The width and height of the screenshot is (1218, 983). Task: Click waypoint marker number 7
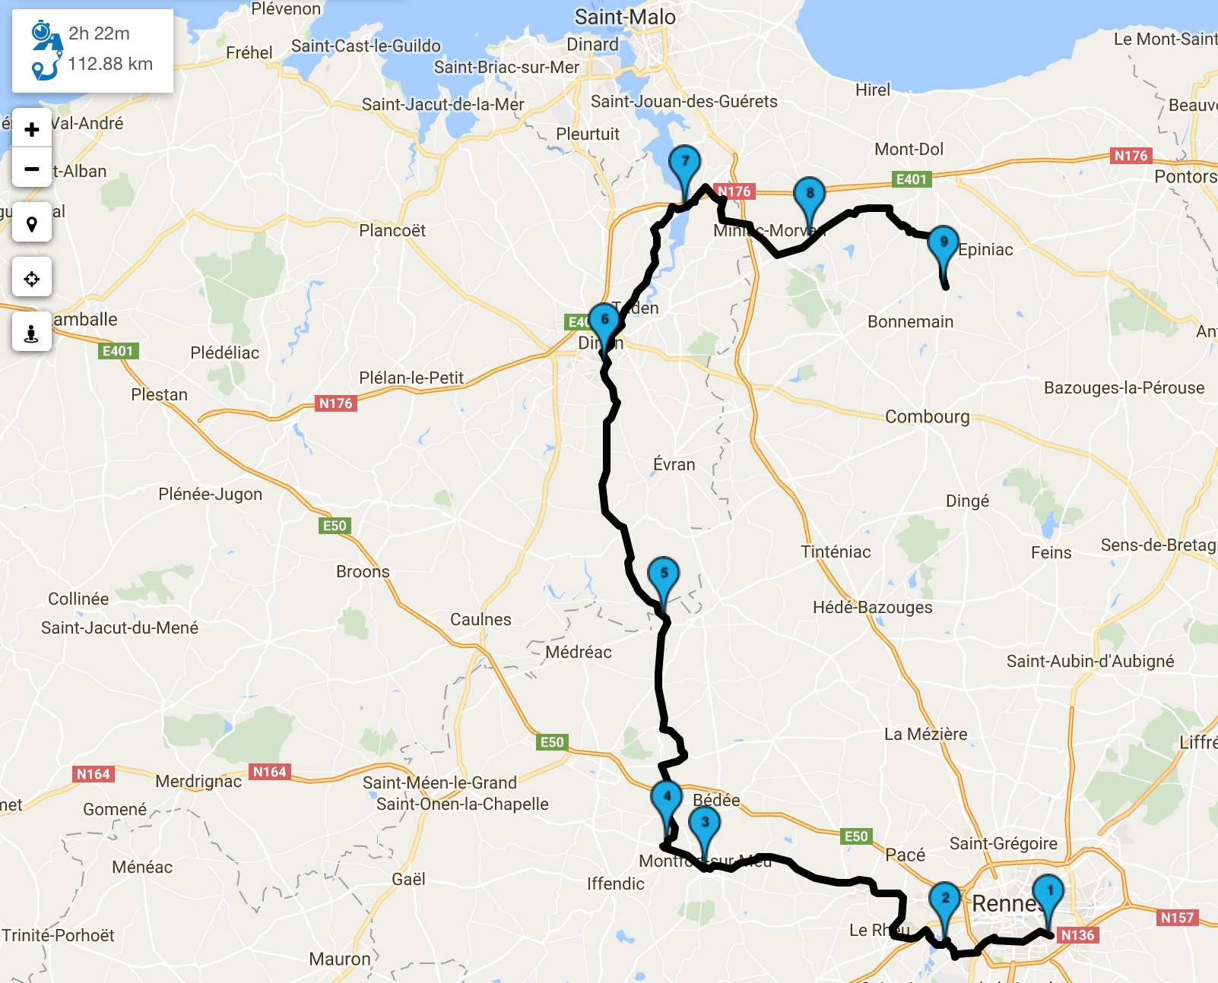tap(685, 164)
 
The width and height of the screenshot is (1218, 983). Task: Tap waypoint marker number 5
tap(664, 576)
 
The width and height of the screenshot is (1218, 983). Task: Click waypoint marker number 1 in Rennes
tap(1049, 893)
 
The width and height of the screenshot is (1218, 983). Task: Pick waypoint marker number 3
tap(705, 825)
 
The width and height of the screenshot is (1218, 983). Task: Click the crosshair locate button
tap(32, 279)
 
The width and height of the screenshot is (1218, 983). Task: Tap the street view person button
tap(32, 333)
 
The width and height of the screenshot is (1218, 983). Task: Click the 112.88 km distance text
tap(110, 64)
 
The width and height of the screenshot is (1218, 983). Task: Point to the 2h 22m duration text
tap(99, 33)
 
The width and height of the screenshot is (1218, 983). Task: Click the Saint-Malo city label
tap(625, 17)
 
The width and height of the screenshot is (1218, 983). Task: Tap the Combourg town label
tap(927, 416)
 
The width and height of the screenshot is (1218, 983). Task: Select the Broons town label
tap(363, 571)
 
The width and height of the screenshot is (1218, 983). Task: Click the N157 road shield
tap(1177, 917)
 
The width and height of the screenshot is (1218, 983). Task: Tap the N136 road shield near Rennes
tap(1077, 935)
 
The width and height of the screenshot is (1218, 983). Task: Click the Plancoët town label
tap(392, 230)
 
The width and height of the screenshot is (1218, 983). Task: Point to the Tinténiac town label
tap(836, 552)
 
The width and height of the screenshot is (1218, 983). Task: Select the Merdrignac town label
tap(198, 781)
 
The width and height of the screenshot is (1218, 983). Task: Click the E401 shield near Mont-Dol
tap(911, 179)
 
